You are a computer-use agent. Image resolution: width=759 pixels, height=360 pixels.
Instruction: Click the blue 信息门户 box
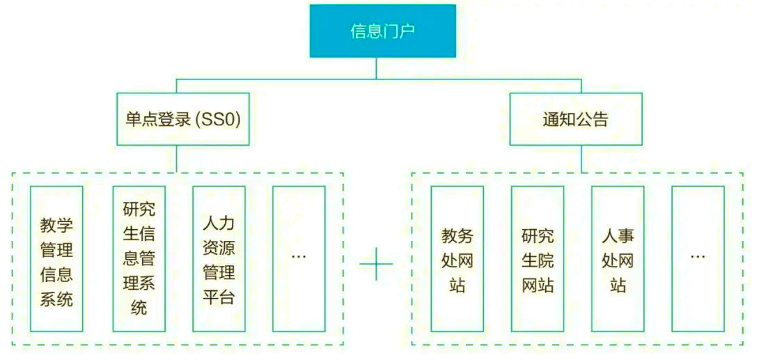coord(383,31)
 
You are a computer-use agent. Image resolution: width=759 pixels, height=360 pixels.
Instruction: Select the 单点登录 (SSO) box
coord(182,120)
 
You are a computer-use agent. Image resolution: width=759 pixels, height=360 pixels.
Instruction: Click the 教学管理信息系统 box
coord(56,259)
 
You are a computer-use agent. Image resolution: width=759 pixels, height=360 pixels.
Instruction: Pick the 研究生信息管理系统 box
coord(139,259)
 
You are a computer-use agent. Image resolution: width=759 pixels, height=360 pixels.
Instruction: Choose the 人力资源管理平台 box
coord(219,259)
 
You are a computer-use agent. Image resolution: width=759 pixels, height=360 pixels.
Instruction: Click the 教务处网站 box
coord(457,259)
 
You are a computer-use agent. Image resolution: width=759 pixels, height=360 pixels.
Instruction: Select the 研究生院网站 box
coord(538,259)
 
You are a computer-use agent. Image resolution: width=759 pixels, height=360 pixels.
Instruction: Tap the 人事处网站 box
coord(618,259)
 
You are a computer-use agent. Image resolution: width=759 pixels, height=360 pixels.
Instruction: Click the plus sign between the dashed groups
coord(377,264)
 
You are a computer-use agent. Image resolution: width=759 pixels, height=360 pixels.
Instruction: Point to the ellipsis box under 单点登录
coord(299,259)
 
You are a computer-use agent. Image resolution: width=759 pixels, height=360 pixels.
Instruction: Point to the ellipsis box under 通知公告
coord(698,259)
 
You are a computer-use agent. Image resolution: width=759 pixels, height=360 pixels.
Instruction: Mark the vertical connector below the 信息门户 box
coord(377,68)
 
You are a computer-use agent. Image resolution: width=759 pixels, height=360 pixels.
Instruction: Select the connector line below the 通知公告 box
coord(581,159)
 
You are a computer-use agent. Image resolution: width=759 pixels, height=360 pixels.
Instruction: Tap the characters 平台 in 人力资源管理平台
coord(219,298)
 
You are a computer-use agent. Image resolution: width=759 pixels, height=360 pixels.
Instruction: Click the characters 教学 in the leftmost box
coord(56,226)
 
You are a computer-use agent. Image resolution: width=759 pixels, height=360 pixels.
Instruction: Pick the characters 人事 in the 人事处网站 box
coord(618,235)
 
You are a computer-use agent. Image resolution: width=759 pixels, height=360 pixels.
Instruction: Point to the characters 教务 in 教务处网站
coord(457,235)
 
